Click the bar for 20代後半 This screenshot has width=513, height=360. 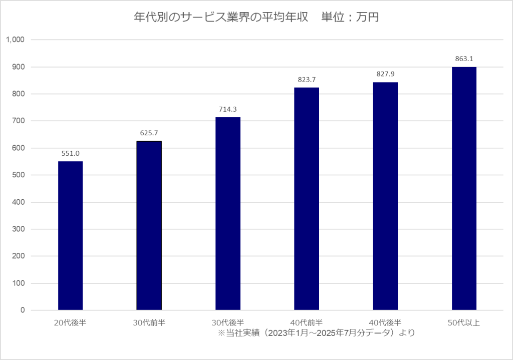tap(70, 235)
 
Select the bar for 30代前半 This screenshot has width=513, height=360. tap(149, 225)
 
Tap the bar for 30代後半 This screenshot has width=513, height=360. tap(228, 213)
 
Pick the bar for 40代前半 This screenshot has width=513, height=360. tap(307, 199)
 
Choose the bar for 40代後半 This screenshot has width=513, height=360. tap(385, 196)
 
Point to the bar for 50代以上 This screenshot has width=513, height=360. tap(464, 188)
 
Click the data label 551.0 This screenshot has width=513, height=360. tap(70, 153)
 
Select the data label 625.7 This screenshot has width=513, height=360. tap(149, 133)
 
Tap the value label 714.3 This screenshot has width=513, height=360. tap(228, 109)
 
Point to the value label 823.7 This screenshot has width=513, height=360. tap(307, 80)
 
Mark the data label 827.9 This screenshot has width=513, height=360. tap(385, 74)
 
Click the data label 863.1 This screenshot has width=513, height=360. tap(464, 59)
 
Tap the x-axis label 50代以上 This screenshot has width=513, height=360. tap(464, 322)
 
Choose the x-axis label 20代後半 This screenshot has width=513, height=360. tap(70, 322)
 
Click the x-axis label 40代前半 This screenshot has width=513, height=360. tap(307, 322)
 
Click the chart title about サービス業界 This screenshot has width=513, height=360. tap(256, 18)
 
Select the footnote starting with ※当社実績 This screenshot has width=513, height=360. tap(316, 332)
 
